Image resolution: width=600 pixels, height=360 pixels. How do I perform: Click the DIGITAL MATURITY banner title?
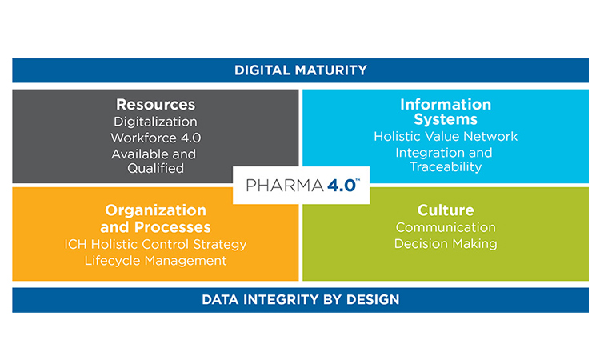click(301, 70)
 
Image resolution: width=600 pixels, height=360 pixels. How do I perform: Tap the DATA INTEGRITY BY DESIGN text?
click(301, 299)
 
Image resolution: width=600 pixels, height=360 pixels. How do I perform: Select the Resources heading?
click(156, 105)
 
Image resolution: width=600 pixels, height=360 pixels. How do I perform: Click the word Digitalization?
click(155, 122)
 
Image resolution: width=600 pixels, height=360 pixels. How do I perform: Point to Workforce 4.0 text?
click(156, 138)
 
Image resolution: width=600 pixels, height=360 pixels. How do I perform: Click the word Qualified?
click(156, 168)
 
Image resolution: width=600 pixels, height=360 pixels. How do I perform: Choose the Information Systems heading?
click(446, 112)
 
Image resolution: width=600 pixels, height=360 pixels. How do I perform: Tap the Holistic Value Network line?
click(446, 136)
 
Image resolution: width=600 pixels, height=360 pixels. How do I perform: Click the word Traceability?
click(446, 167)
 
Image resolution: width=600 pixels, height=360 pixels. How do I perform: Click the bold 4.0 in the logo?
click(342, 185)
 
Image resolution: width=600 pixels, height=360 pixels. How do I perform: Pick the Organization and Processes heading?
click(156, 218)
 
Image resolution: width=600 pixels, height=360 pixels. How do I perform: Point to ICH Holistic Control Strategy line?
click(155, 244)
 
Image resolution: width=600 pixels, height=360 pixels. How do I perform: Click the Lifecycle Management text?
click(156, 261)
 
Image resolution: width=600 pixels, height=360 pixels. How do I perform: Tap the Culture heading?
click(446, 210)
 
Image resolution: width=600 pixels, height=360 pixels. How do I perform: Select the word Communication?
click(446, 227)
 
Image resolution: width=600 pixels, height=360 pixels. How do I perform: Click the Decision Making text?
click(446, 244)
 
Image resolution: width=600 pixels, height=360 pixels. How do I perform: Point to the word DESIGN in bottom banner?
click(373, 299)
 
